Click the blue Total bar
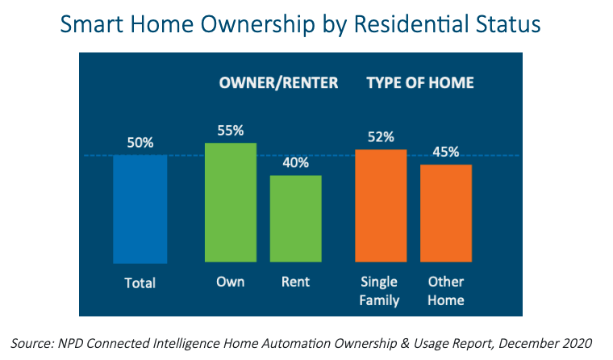140,209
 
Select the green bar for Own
231,203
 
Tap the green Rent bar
295,219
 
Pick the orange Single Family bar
381,206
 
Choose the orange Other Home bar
446,213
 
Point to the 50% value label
140,143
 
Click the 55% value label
231,130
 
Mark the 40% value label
295,163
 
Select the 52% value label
381,137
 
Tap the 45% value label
446,152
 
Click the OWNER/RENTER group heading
278,83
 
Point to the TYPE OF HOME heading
420,83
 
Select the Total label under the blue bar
140,283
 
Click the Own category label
230,282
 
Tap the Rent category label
295,282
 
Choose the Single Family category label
379,291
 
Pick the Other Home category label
446,291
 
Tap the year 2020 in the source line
578,343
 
